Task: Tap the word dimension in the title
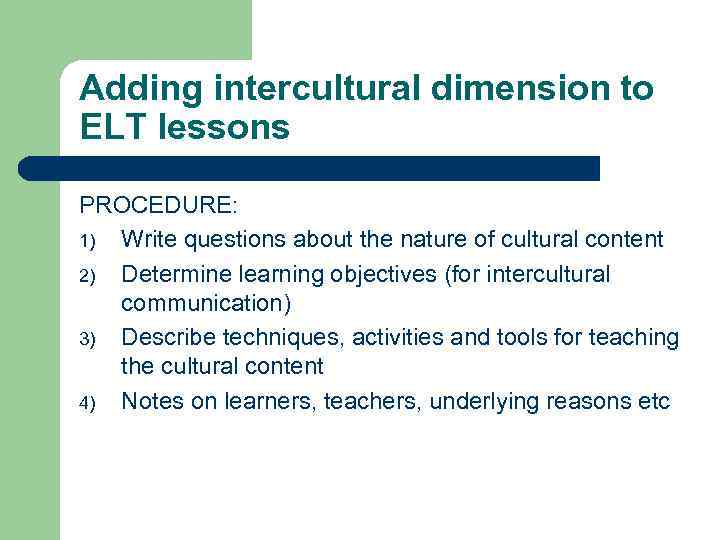coord(527,89)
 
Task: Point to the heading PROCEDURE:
coord(159,206)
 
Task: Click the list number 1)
coord(87,241)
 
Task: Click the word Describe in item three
coord(169,337)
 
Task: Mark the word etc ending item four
coord(652,402)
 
